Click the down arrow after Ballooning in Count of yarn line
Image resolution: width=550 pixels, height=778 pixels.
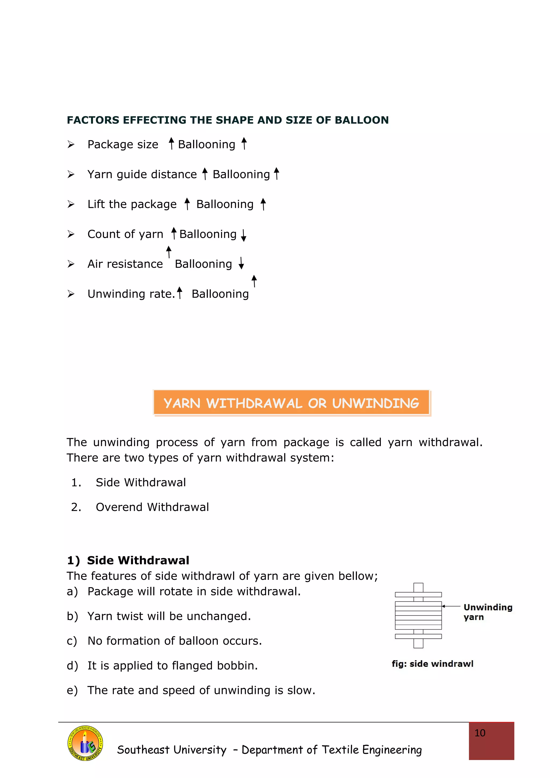coord(243,235)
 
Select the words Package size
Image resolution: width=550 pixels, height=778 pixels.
coord(123,145)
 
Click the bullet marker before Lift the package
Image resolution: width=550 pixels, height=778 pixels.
coord(71,204)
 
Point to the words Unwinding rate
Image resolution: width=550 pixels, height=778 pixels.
coord(131,294)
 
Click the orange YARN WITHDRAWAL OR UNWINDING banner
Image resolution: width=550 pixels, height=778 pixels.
coord(291,403)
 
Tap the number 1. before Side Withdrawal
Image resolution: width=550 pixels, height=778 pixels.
coord(76,482)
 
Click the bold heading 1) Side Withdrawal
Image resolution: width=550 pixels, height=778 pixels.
coord(128,561)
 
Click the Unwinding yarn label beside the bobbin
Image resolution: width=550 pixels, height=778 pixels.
coord(487,612)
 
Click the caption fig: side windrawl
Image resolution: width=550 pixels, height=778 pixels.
coord(432,664)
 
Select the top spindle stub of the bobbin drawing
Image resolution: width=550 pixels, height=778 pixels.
coord(418,587)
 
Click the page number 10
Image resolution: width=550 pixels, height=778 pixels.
coord(480,733)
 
